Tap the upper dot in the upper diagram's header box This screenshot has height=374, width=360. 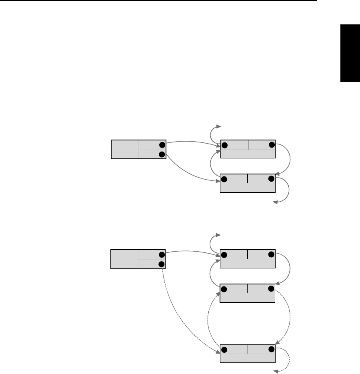[x=161, y=145]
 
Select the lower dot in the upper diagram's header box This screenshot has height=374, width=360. [x=161, y=154]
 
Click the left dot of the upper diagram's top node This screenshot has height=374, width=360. [x=224, y=144]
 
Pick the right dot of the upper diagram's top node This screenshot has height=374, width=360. [x=272, y=144]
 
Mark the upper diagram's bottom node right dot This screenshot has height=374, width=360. [x=272, y=178]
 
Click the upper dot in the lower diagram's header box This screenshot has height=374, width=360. [x=161, y=255]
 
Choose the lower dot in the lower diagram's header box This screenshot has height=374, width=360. [x=161, y=264]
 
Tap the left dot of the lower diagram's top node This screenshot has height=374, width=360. [x=224, y=254]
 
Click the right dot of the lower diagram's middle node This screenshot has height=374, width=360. [x=272, y=289]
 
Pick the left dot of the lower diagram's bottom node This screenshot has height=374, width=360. [x=224, y=350]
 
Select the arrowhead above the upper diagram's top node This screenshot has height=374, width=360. [x=218, y=126]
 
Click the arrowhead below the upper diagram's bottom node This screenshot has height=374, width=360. [x=275, y=203]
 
